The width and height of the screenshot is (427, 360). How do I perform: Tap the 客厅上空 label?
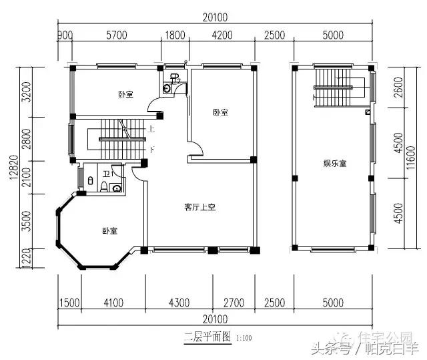[x=199, y=208]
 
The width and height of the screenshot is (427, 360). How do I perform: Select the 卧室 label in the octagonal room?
[x=110, y=231]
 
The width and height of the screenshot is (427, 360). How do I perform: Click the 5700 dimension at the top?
[x=117, y=35]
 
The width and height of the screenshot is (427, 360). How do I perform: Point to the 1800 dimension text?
[x=175, y=35]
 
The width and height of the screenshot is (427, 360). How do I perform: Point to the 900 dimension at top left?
[x=65, y=35]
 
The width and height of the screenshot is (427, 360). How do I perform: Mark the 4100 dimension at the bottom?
[x=113, y=303]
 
